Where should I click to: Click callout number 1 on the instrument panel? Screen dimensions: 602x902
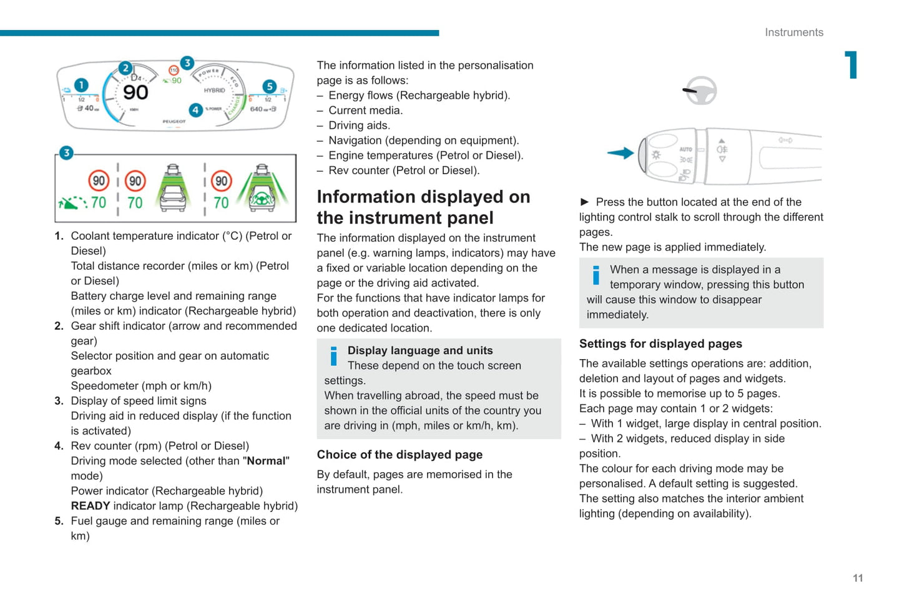coord(81,85)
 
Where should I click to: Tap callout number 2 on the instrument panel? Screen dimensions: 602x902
coord(125,68)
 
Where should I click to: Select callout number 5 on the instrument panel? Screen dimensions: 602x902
coord(269,86)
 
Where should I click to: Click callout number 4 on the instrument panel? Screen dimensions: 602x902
coord(195,110)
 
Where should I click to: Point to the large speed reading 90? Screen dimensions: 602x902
coord(135,92)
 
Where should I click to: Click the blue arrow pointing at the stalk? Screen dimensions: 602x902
coord(620,153)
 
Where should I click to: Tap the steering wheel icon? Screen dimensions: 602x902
coord(700,91)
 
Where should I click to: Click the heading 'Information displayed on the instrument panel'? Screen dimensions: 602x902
coord(423,207)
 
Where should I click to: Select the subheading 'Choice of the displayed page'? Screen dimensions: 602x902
coord(400,455)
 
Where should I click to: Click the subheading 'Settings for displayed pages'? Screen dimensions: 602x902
coord(660,343)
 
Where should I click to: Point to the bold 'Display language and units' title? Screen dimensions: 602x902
coord(420,350)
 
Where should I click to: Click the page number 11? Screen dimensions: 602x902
coord(858,578)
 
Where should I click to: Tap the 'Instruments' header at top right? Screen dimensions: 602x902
coord(794,32)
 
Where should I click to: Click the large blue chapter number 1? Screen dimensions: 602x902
coord(851,65)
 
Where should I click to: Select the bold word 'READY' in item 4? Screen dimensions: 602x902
coord(91,506)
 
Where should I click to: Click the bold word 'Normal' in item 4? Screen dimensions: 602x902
coord(266,461)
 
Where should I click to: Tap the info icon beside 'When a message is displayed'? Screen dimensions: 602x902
coord(596,275)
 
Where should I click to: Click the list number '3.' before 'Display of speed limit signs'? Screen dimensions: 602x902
coord(59,401)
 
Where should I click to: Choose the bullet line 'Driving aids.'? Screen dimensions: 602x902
coord(359,126)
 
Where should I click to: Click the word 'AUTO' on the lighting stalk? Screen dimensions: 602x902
coord(685,149)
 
